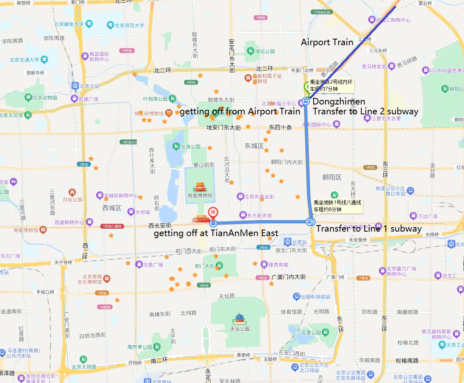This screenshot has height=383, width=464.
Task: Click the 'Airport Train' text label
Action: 327,42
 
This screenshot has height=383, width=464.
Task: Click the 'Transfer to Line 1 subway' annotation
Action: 369,229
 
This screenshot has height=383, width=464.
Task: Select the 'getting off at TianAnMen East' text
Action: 216,234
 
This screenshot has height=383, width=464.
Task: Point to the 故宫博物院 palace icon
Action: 200,187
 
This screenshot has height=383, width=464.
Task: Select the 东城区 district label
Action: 254,146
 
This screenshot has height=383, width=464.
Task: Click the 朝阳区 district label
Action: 332,177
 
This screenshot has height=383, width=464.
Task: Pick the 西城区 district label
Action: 112,208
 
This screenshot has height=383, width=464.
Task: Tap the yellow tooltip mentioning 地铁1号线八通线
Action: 337,206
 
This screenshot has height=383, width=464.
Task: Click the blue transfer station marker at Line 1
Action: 310,222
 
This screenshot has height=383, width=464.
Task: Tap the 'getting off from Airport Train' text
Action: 240,111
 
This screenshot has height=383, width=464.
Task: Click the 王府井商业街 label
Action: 259,197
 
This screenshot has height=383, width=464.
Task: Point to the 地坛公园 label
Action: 265,51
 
